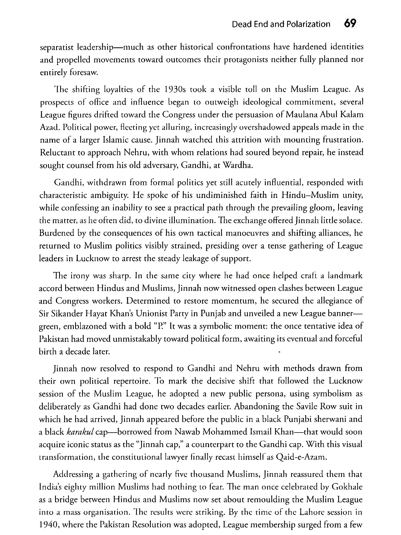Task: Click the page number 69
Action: (x=350, y=24)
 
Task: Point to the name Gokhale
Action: (x=346, y=487)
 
